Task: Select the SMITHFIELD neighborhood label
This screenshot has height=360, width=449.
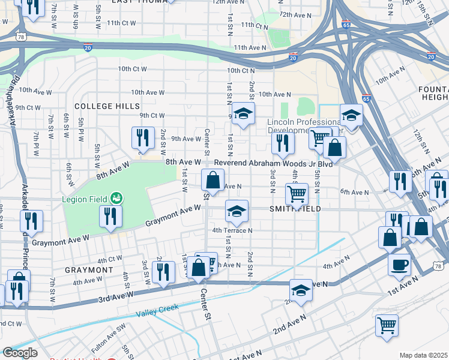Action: [295, 209]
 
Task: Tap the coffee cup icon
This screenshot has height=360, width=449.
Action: [399, 264]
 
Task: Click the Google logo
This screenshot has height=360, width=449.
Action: [20, 353]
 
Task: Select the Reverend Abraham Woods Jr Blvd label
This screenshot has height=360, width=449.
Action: [274, 163]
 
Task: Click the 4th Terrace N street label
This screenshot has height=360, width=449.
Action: [232, 230]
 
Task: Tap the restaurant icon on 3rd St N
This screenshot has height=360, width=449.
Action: [282, 143]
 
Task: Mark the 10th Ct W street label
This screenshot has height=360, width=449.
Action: [132, 69]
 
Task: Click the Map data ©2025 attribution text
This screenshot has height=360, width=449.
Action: [423, 355]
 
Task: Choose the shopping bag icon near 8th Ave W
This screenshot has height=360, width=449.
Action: [212, 179]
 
